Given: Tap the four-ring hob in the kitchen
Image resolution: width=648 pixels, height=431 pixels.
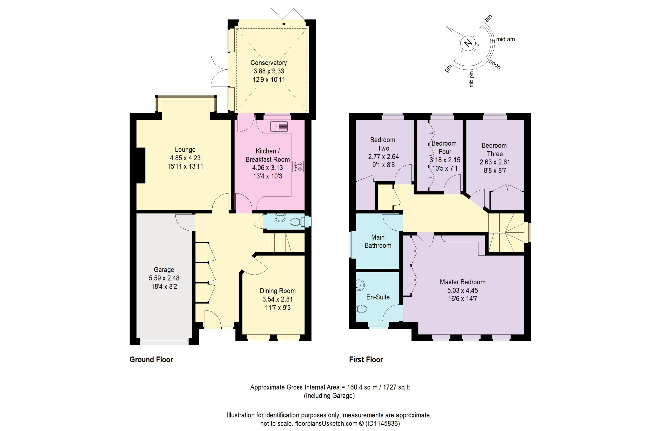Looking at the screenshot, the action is click(298, 167).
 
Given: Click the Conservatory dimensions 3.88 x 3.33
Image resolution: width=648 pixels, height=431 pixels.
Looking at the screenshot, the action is click(269, 71).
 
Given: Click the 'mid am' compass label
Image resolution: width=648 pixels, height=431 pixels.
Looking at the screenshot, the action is click(505, 39).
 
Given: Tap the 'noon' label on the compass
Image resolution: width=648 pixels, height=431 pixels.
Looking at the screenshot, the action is click(495, 65).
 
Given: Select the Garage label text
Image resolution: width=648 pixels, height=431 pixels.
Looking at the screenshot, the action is click(164, 270).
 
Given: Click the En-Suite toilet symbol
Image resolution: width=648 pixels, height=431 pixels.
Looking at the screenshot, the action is click(361, 309).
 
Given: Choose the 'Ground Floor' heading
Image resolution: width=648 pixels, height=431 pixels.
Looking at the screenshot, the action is click(151, 360).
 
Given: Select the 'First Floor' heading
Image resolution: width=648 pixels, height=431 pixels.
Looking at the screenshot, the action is click(366, 360).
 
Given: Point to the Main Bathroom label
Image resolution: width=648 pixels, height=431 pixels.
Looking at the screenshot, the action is click(378, 241).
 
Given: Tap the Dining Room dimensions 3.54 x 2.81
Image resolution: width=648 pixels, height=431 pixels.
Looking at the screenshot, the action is click(277, 299).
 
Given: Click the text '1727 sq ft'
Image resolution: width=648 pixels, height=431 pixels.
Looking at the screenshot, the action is click(396, 387).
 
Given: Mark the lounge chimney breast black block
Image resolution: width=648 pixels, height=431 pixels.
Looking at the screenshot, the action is click(141, 165).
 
